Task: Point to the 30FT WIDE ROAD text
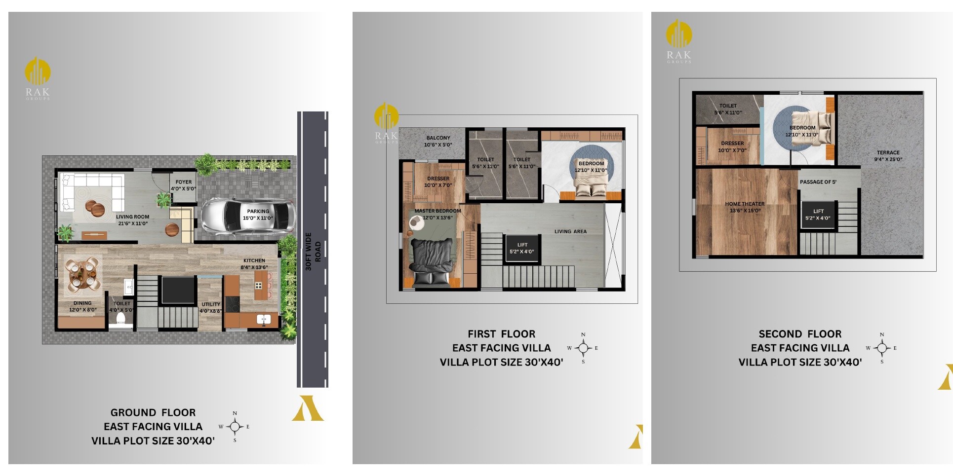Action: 313,252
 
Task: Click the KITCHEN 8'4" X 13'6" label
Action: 254,264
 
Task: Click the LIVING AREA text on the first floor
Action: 570,231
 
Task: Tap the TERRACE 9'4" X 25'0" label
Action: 888,156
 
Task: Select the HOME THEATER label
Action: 745,207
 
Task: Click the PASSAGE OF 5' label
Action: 818,182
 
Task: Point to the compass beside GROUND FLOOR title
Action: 235,427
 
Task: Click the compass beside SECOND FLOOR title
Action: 881,348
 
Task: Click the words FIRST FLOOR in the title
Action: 501,334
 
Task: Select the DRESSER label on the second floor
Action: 732,146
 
